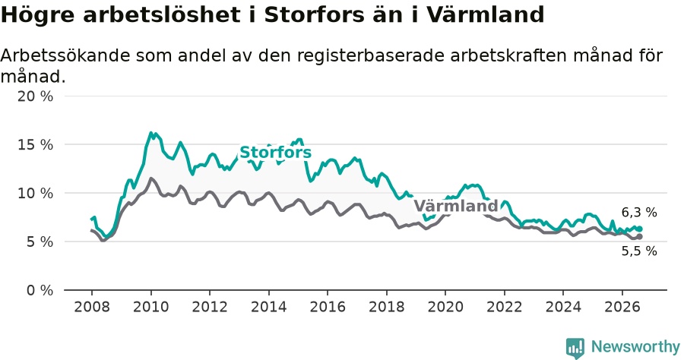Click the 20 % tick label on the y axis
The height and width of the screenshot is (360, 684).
pos(35,96)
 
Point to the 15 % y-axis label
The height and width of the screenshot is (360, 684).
pos(35,145)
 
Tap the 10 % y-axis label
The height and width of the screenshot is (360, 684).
pos(35,193)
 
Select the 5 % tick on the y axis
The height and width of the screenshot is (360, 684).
pos(40,242)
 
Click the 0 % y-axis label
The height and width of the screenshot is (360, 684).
pos(40,290)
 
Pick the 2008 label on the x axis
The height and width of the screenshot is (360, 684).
pos(92,307)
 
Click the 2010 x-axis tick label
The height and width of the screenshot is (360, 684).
pos(151,307)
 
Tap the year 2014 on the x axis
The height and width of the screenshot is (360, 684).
pos(269,307)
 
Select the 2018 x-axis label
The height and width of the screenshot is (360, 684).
pos(387,307)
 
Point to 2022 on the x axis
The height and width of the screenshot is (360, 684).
pos(505,307)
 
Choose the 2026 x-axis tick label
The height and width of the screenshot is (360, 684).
pos(622,307)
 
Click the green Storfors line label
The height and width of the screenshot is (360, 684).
pos(276,153)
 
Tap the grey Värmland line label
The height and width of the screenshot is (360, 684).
pos(456,206)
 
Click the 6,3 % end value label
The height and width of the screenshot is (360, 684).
pos(639,213)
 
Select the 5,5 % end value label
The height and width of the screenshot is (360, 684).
pos(639,251)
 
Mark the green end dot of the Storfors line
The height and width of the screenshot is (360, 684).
pos(640,229)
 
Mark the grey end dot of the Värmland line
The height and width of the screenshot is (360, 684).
pos(640,237)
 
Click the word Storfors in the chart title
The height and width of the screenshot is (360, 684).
pos(314,15)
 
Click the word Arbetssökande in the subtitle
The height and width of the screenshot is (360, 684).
pos(65,55)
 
